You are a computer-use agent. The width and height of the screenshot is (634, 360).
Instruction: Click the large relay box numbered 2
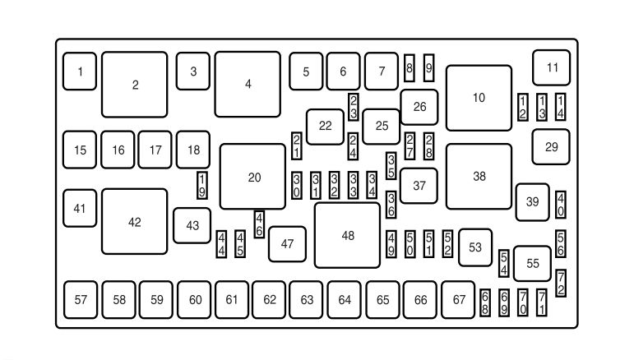[135, 85]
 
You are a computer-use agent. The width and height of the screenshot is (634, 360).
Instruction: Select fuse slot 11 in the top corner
[552, 67]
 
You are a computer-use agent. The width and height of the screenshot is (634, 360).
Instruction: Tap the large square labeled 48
[347, 236]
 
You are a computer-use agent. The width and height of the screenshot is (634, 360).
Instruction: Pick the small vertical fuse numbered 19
[202, 185]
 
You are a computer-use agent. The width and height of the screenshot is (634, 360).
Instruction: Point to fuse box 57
[81, 300]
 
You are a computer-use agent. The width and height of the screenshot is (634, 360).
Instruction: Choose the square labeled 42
[135, 222]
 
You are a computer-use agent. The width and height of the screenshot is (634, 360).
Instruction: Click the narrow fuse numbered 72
[561, 283]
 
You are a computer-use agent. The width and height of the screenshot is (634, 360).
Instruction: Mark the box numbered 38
[479, 177]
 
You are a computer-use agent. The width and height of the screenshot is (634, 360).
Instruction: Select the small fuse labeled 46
[259, 224]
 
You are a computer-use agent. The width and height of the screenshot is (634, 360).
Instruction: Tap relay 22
[326, 126]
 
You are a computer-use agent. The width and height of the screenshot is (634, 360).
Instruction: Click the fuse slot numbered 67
[459, 300]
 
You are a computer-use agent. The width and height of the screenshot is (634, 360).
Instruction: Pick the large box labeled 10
[479, 98]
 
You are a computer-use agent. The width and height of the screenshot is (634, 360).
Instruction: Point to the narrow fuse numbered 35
[391, 165]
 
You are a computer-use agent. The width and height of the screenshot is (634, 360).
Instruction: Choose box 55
[533, 263]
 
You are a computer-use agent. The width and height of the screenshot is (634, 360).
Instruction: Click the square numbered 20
[253, 177]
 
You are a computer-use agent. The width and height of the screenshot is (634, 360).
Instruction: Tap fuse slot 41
[80, 209]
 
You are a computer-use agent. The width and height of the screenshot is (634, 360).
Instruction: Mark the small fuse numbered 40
[561, 204]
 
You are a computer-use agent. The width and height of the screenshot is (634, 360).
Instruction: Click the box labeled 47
[287, 243]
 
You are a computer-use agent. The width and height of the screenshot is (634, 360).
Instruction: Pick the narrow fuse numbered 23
[353, 108]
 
